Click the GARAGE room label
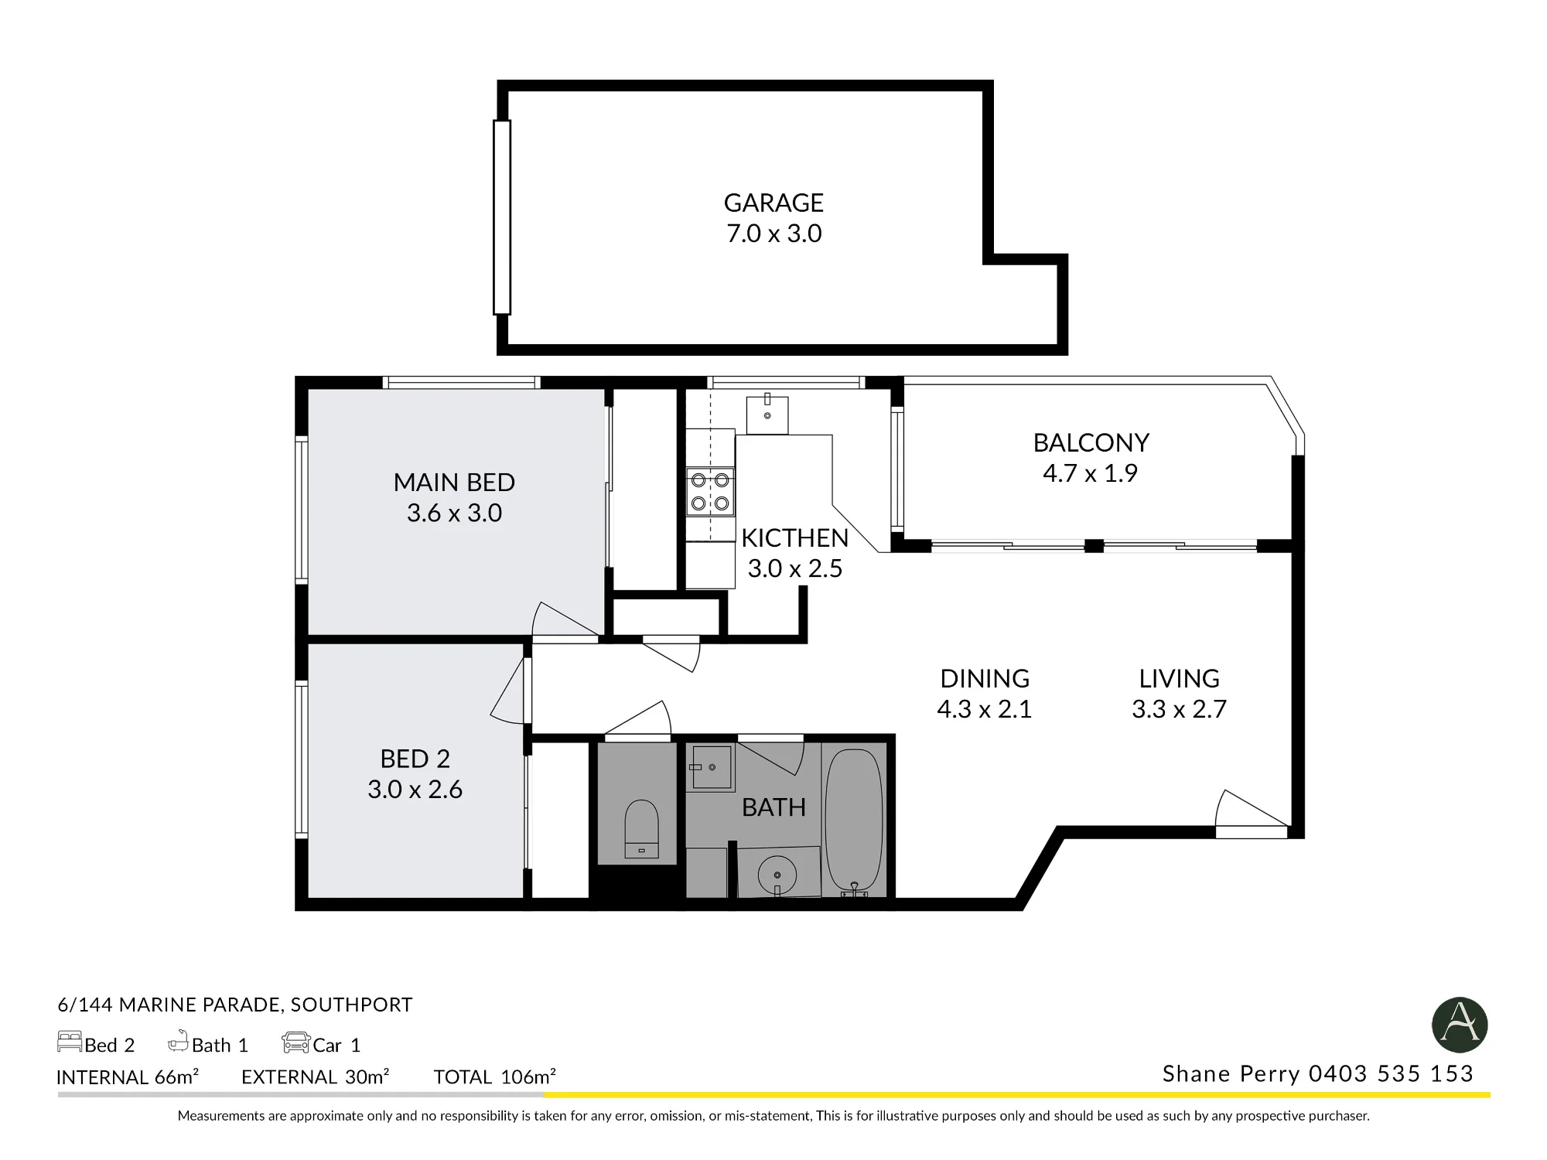pos(773,203)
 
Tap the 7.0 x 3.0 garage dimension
pos(773,234)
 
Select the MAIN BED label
pos(454,483)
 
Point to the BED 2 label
pos(415,759)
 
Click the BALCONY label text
pos(1091,443)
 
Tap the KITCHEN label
pos(794,538)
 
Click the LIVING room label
pos(1179,679)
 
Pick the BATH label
pos(773,807)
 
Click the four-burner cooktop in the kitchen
pos(710,492)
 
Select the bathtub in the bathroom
pos(854,823)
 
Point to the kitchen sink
pos(767,414)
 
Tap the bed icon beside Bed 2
pos(70,1042)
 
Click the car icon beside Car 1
pos(295,1042)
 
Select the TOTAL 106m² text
pos(495,1076)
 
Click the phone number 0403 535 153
pos(1391,1073)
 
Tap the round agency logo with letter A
pos(1460,1025)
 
